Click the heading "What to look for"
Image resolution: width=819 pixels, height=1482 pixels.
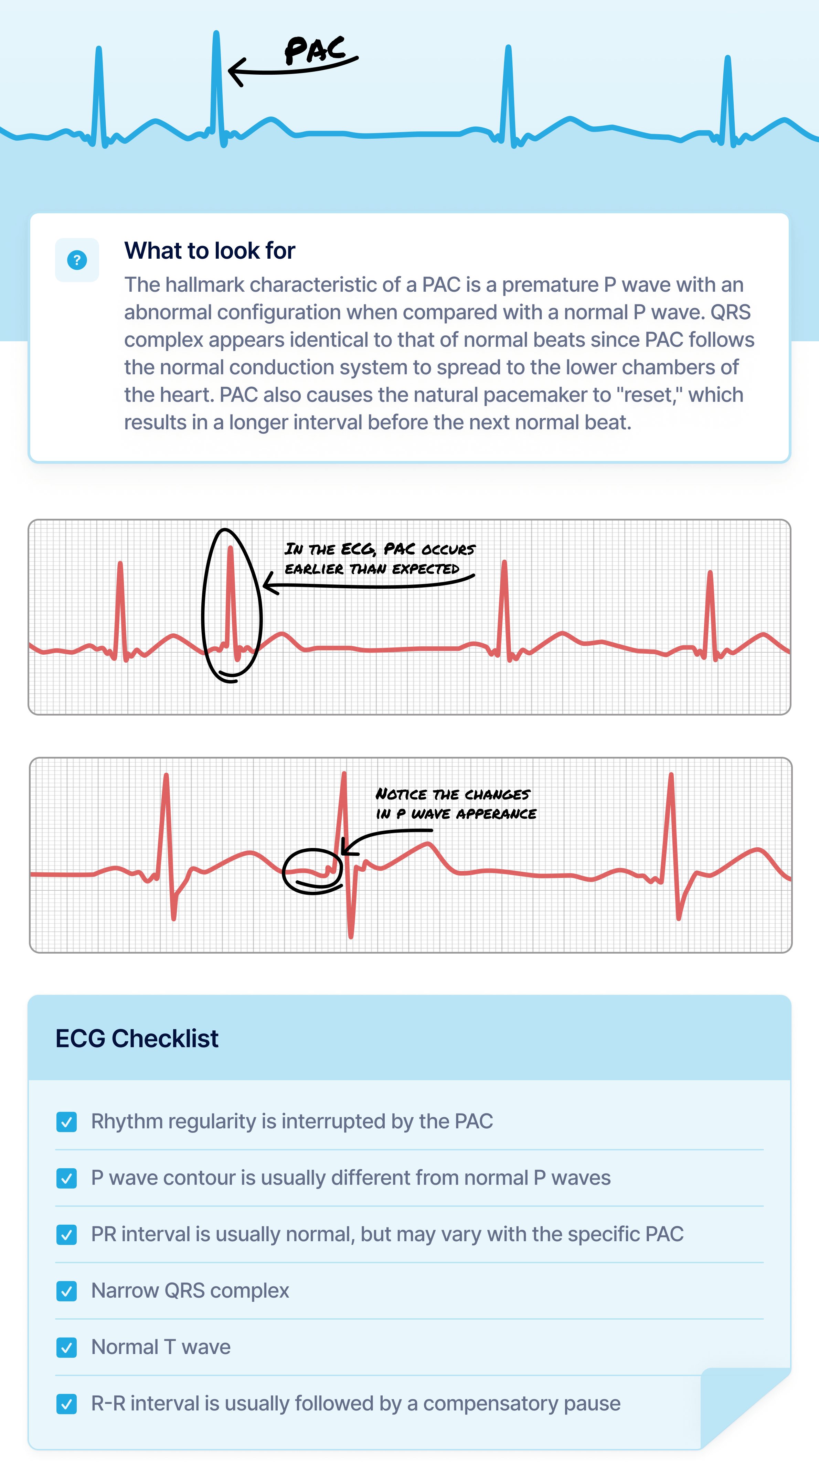210,251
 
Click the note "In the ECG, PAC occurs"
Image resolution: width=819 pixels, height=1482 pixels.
380,549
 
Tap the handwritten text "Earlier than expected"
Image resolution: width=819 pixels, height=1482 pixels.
372,569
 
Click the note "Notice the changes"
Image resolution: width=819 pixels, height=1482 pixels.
453,795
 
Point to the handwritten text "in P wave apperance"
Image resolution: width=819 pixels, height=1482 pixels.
456,814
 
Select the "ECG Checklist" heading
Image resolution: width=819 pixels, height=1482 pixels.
137,1039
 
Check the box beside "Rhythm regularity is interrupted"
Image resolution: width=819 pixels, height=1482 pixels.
67,1122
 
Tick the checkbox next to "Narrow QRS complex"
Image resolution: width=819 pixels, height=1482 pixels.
67,1291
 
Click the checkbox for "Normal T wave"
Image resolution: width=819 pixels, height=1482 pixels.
67,1347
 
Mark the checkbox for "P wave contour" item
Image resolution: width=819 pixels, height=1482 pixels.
67,1178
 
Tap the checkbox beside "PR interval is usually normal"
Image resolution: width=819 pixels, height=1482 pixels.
67,1235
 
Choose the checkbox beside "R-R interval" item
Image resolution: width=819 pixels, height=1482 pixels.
67,1404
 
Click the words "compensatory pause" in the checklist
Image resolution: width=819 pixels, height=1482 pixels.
522,1404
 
